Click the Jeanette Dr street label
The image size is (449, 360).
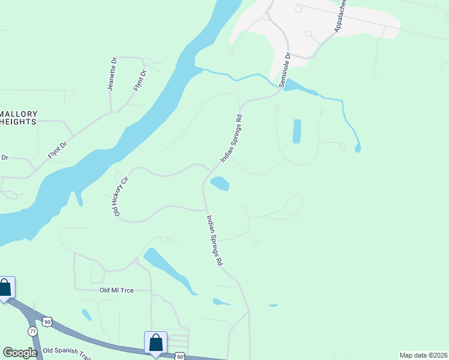[x=112, y=74]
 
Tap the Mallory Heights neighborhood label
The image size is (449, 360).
[x=18, y=118]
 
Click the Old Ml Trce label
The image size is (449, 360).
[x=116, y=290]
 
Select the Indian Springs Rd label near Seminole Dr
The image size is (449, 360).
[x=231, y=138]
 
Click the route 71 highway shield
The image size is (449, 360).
[x=32, y=331]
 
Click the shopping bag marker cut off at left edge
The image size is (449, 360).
[x=6, y=287]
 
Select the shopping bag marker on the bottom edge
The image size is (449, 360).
[x=155, y=343]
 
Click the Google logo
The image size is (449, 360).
[x=20, y=352]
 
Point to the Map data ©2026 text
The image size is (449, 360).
[x=423, y=355]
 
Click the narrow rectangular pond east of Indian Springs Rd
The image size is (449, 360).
[x=296, y=131]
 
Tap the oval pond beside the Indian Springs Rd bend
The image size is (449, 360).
[x=220, y=183]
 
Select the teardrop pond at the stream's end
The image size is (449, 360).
[x=358, y=148]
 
